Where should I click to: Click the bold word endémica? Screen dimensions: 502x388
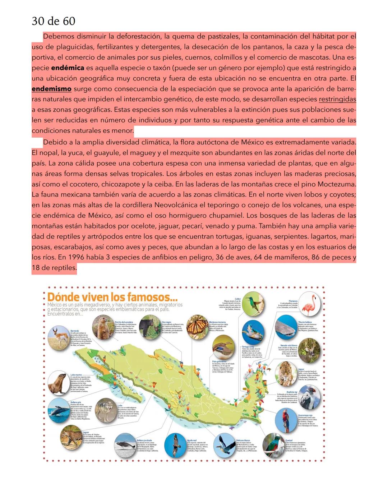tap(68, 68)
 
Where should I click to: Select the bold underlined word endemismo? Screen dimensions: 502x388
tap(51, 89)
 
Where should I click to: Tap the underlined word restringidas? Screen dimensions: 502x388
tap(337, 99)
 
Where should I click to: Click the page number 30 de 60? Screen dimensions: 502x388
tap(54, 21)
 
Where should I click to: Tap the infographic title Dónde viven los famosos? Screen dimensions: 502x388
tap(112, 297)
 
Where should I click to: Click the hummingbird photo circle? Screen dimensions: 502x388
tap(253, 304)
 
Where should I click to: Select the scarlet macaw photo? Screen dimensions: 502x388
tap(286, 420)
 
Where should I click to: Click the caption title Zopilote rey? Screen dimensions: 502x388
tap(292, 392)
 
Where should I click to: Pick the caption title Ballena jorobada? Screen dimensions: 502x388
tap(144, 440)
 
